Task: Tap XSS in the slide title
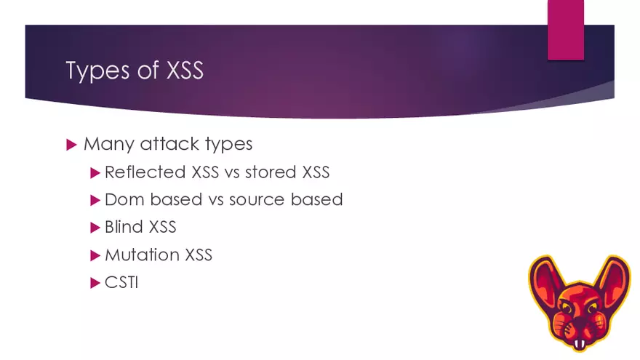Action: pyautogui.click(x=177, y=71)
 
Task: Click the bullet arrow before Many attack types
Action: pyautogui.click(x=71, y=144)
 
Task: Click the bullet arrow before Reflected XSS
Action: pyautogui.click(x=95, y=172)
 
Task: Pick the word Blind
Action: pyautogui.click(x=124, y=227)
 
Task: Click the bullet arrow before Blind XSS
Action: pyautogui.click(x=95, y=227)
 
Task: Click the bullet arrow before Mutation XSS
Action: pyautogui.click(x=95, y=255)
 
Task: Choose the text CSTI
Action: pyautogui.click(x=121, y=282)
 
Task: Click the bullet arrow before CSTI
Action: pyautogui.click(x=95, y=282)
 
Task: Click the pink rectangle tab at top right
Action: pyautogui.click(x=565, y=29)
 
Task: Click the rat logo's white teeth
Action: pyautogui.click(x=580, y=344)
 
